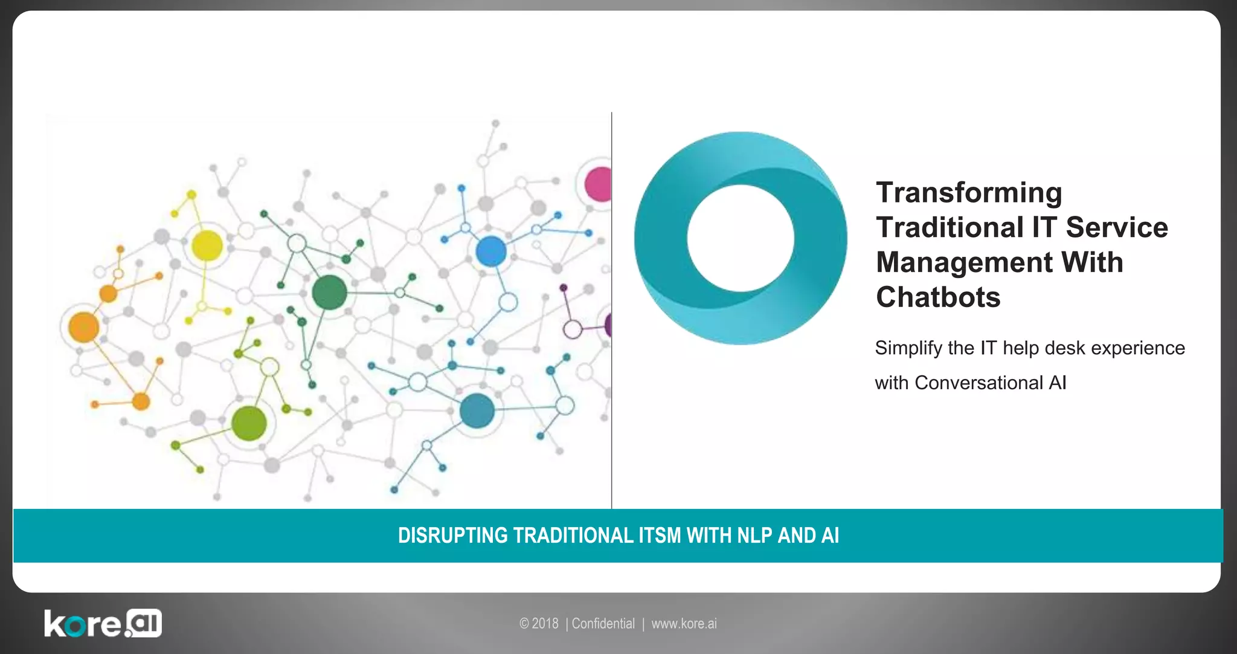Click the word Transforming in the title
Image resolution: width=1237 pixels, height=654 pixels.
[969, 193]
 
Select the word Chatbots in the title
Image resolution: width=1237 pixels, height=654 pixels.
[938, 297]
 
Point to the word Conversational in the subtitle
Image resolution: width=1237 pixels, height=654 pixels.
[978, 383]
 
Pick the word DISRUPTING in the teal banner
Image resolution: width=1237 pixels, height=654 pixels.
[452, 536]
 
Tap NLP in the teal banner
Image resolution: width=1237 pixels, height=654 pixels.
[755, 536]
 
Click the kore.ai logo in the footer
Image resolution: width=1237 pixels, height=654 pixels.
[103, 623]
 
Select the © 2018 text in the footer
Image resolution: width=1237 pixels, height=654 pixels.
[539, 624]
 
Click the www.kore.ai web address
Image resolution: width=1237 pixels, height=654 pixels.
[684, 624]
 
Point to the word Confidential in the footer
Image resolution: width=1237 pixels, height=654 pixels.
[603, 624]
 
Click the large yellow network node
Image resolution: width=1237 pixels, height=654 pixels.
[207, 246]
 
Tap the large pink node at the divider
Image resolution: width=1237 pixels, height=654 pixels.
[599, 184]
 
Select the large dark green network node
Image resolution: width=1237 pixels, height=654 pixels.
[329, 292]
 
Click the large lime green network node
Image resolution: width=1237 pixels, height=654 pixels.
[249, 423]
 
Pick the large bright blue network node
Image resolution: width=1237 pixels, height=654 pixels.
[491, 251]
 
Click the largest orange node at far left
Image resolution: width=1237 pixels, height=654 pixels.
[83, 327]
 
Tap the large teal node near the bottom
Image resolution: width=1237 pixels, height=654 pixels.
[477, 410]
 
